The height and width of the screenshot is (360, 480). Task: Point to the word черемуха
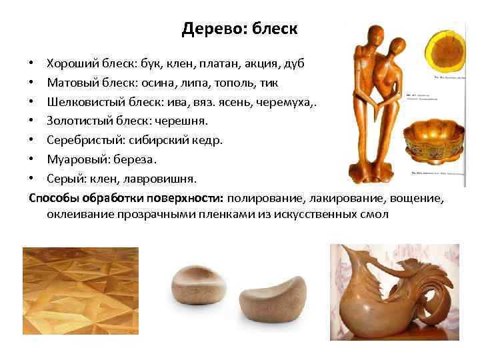coord(288,103)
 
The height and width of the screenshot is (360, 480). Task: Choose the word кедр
coord(207,141)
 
